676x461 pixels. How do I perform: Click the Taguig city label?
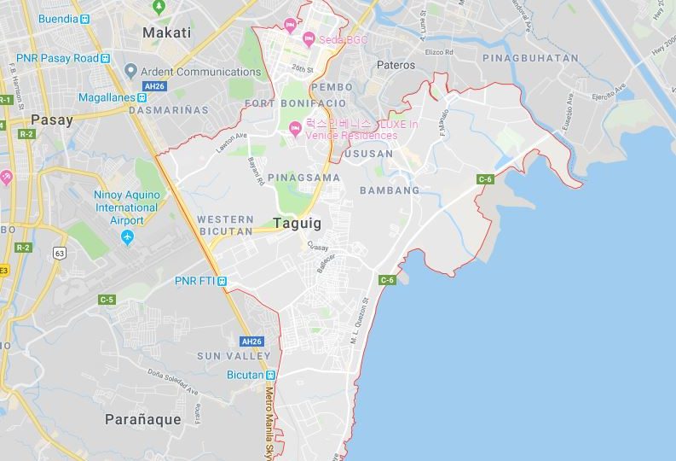tap(298, 223)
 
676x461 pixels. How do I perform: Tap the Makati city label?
tap(166, 32)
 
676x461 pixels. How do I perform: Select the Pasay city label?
tap(51, 120)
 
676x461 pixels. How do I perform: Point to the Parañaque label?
tap(143, 419)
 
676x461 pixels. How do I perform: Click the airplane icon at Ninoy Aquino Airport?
tap(127, 236)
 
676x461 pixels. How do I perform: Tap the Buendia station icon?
tap(84, 18)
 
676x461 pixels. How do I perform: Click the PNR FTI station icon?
tap(222, 281)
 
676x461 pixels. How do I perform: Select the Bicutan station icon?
tap(271, 375)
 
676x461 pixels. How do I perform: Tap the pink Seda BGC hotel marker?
tap(309, 38)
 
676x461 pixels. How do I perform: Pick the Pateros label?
tap(396, 65)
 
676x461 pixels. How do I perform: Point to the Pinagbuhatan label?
tap(529, 58)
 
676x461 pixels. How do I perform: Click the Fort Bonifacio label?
tap(283, 103)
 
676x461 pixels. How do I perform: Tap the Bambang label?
tap(390, 190)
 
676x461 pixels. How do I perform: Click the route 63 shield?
tap(59, 253)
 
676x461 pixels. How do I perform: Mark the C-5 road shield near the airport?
tap(107, 300)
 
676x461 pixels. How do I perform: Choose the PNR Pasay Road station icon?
tap(105, 58)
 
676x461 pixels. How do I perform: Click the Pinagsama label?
tap(303, 178)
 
